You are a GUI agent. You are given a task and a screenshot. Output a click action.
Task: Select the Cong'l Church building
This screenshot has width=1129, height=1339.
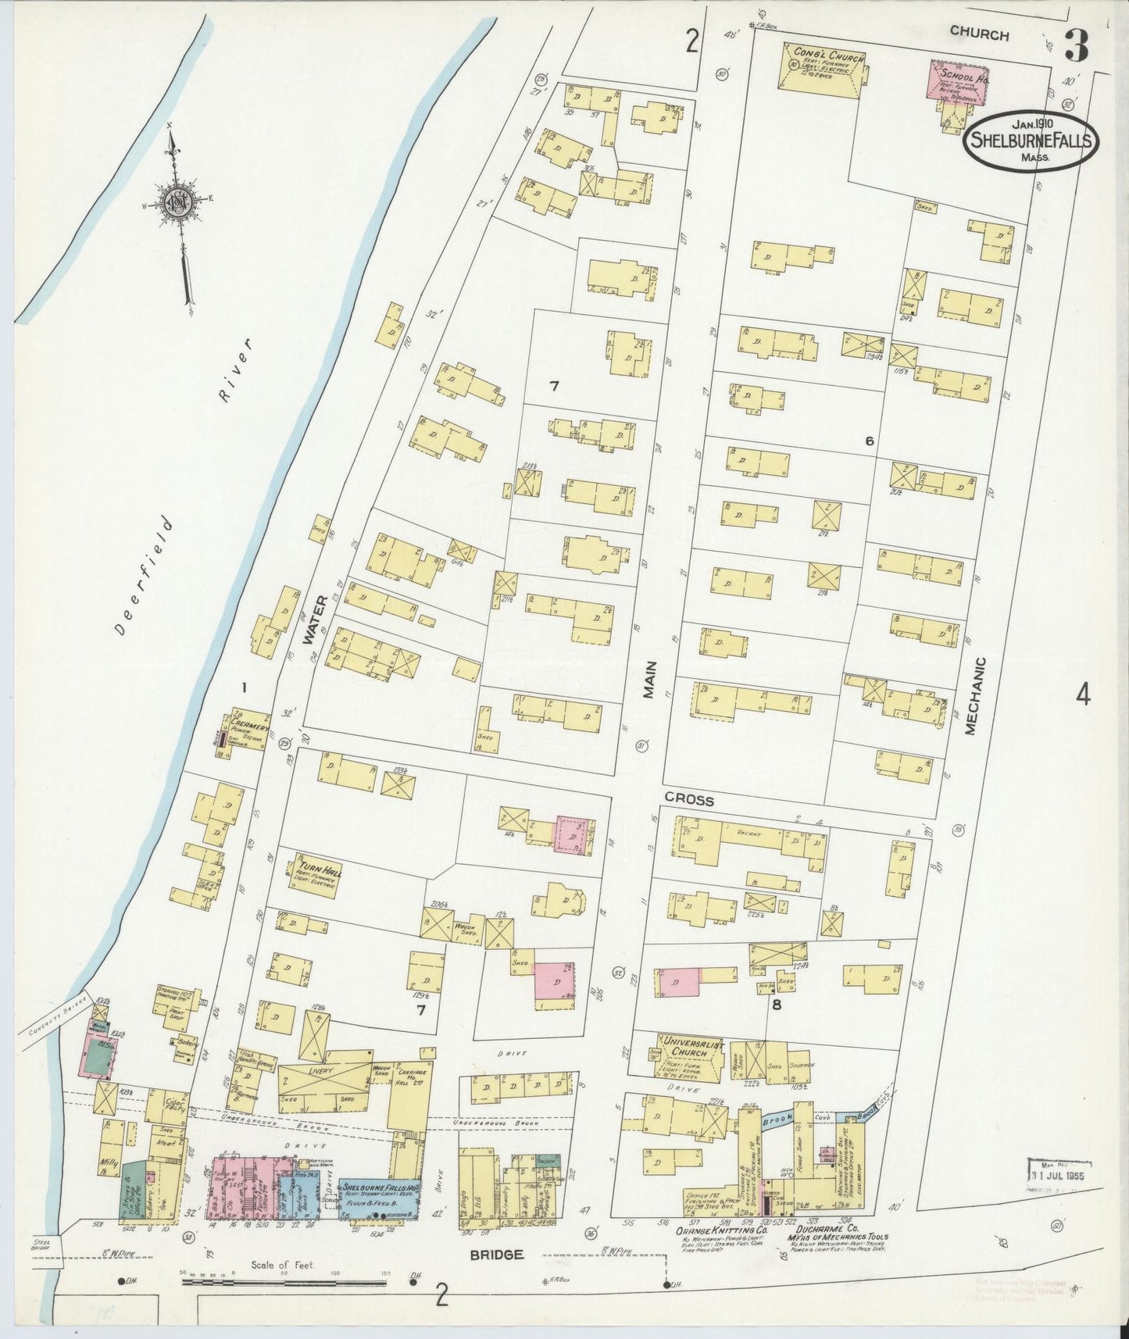click(825, 69)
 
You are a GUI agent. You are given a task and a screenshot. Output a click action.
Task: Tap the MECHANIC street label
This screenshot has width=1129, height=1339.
click(971, 695)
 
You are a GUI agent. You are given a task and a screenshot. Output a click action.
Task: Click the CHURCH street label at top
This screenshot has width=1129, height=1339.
click(980, 34)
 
